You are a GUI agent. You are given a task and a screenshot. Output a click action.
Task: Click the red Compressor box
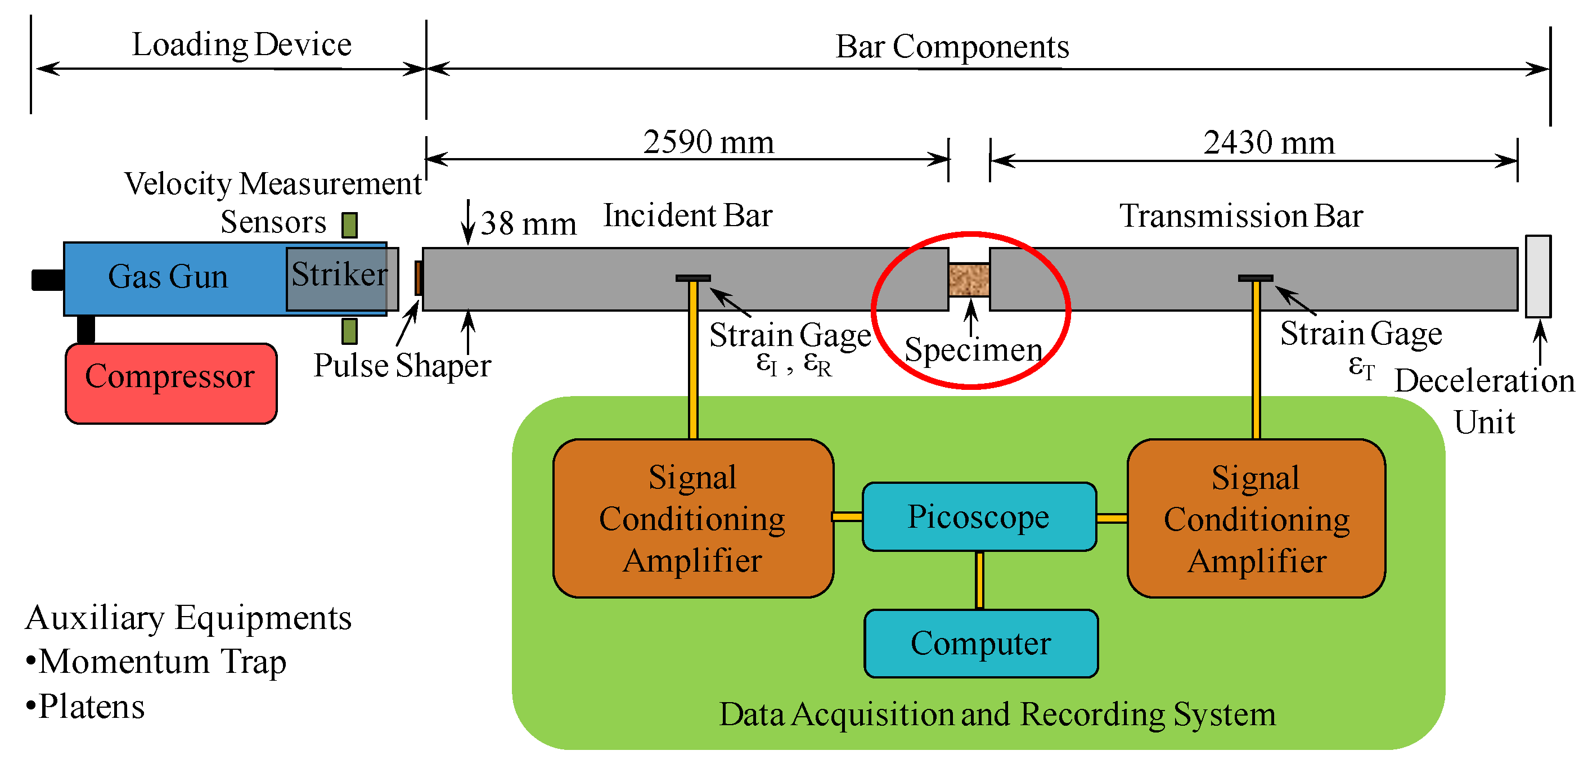tap(170, 383)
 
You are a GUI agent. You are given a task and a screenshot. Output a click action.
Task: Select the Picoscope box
tap(978, 516)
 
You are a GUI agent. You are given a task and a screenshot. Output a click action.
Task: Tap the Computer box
tap(980, 642)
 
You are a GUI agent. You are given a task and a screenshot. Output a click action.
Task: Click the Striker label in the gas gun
tap(339, 274)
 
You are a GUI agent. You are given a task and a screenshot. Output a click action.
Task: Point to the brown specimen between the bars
tap(969, 280)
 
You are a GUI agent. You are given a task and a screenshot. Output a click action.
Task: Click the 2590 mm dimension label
tap(708, 142)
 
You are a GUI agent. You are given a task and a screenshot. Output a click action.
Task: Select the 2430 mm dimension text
tap(1268, 143)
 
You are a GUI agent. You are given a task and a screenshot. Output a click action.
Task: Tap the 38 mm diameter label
tap(528, 224)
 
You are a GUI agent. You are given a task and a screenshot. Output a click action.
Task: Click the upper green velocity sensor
tap(349, 225)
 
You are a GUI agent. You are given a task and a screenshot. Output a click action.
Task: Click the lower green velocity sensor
tap(349, 331)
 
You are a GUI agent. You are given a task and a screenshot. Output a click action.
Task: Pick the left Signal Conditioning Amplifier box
tap(692, 518)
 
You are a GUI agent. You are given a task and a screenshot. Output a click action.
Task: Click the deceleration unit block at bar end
tap(1537, 277)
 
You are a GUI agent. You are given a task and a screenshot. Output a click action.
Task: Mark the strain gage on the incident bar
tap(692, 278)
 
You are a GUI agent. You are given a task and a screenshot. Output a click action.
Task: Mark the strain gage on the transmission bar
tap(1255, 278)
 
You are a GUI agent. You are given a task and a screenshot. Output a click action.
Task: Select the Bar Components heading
tap(951, 47)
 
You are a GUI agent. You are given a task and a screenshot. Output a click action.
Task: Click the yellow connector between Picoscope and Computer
tap(979, 579)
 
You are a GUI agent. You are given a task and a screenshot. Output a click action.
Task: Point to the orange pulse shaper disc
tap(418, 278)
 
